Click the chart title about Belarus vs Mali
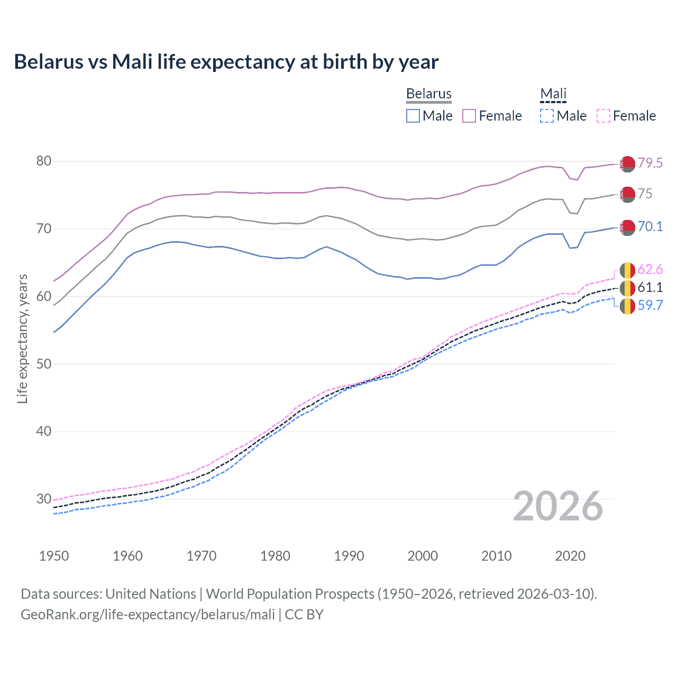(x=226, y=62)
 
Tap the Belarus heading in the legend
(x=428, y=94)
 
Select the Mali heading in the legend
(x=553, y=94)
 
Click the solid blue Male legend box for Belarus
(x=413, y=116)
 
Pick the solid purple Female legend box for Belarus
(x=469, y=116)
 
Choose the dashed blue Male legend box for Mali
(x=547, y=116)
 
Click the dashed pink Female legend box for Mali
(x=603, y=116)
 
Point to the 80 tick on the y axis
(x=44, y=161)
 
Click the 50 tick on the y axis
(x=44, y=364)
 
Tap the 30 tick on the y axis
(x=44, y=499)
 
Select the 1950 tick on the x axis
(x=54, y=556)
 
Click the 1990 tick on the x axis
(x=349, y=556)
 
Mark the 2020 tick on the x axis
(x=570, y=556)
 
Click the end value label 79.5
(x=650, y=163)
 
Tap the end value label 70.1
(x=650, y=226)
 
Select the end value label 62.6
(x=650, y=270)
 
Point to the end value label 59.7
(x=650, y=305)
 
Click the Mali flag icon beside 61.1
(x=627, y=288)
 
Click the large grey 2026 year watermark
(x=558, y=506)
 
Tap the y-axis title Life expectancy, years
(x=22, y=338)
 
